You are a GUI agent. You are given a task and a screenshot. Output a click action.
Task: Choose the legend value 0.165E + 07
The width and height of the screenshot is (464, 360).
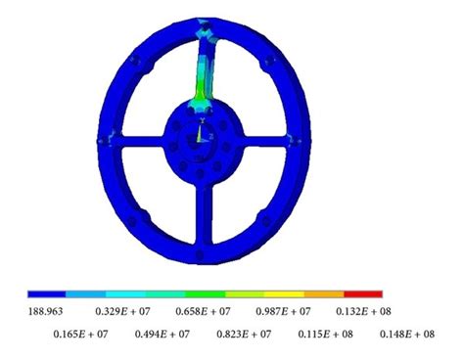pyautogui.click(x=82, y=335)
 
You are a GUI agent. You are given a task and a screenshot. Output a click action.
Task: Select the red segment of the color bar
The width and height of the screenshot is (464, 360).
pyautogui.click(x=363, y=293)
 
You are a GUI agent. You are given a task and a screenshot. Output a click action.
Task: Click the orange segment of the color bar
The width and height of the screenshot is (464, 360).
pyautogui.click(x=323, y=293)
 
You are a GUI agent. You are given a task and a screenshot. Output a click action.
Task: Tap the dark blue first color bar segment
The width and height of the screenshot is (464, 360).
pyautogui.click(x=46, y=293)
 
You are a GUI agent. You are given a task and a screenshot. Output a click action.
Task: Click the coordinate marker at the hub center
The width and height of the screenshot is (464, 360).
pyautogui.click(x=201, y=134)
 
